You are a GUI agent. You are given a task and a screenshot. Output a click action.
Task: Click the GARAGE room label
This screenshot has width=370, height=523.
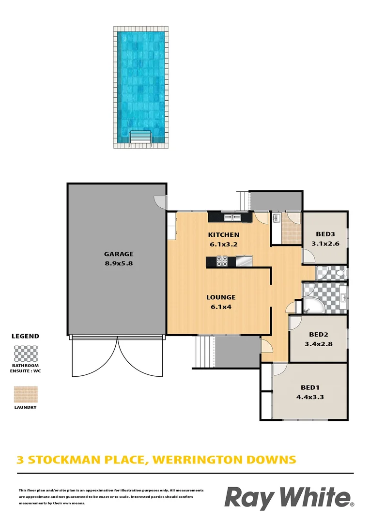coord(118,254)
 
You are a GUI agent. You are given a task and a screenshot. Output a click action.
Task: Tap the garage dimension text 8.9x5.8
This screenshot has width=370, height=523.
coord(118,263)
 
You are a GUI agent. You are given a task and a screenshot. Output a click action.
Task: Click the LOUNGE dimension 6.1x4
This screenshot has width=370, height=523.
coord(221,307)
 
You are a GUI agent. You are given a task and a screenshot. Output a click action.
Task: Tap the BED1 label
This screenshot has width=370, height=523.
coord(310,387)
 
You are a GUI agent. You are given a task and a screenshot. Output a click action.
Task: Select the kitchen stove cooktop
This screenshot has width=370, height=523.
coord(222,261)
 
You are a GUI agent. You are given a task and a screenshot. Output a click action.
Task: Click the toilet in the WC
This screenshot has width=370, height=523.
coord(340,274)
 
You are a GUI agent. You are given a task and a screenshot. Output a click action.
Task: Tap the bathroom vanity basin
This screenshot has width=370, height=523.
coord(342,297)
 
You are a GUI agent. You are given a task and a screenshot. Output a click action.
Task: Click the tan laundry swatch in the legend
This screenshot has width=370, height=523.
coord(26,395)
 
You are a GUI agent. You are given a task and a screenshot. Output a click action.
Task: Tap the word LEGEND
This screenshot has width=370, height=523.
coord(25,336)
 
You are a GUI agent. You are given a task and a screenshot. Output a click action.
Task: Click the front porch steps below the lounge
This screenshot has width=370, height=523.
coord(204,352)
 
